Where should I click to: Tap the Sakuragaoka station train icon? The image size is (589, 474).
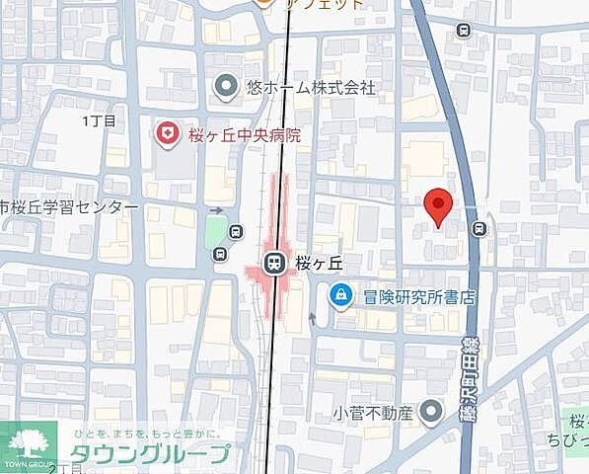tap(273, 264)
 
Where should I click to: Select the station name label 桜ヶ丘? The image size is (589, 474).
tap(319, 264)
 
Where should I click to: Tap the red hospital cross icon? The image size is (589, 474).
tap(169, 133)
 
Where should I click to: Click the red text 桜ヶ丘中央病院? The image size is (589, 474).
tap(244, 134)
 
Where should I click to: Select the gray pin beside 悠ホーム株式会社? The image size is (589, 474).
tap(226, 88)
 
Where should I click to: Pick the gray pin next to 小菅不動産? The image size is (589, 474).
tap(430, 412)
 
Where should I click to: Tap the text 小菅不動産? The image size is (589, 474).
tap(374, 413)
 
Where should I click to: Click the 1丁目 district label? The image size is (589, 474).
tap(100, 120)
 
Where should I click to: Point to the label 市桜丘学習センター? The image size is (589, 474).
tap(68, 208)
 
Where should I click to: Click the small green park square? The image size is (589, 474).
tap(215, 234)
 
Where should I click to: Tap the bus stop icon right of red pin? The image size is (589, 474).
tap(479, 229)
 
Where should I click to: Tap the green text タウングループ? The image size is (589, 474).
tap(150, 455)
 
